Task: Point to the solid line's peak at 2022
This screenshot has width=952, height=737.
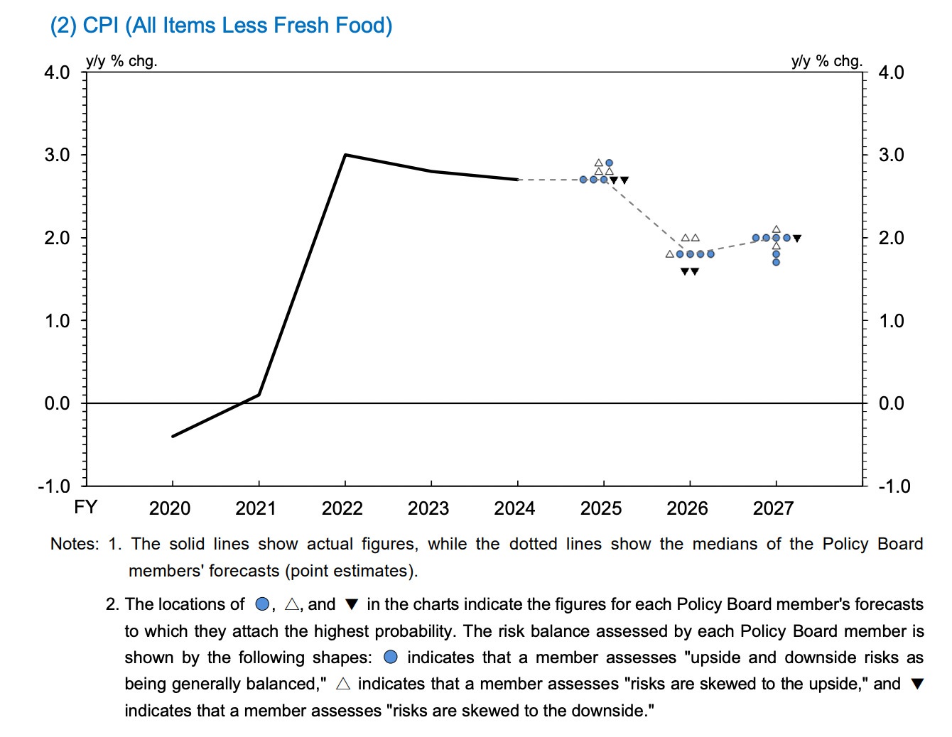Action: [x=345, y=155]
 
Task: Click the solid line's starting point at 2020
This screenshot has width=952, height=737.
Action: [x=173, y=436]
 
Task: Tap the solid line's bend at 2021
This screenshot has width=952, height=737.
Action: [x=259, y=395]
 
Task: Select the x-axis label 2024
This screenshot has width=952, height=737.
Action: [x=514, y=508]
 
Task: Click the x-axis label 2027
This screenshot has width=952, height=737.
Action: [x=773, y=508]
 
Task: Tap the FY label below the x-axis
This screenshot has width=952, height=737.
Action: [x=85, y=507]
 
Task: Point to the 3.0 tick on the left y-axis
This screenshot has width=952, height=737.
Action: [x=57, y=155]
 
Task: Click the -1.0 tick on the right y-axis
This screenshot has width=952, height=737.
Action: [x=894, y=486]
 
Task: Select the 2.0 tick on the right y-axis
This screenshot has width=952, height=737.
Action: [x=892, y=238]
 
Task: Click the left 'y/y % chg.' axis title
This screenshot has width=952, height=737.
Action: [x=121, y=61]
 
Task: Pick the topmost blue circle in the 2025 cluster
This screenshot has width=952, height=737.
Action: [x=609, y=163]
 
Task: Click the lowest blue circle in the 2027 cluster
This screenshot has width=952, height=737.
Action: [x=776, y=262]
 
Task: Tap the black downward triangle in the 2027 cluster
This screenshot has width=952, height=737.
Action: [x=797, y=239]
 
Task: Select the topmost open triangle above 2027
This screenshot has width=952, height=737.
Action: [x=776, y=229]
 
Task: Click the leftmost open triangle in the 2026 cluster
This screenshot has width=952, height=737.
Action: [x=669, y=254]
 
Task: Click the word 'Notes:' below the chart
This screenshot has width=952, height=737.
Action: [x=75, y=544]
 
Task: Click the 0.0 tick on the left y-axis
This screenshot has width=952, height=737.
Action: [x=57, y=403]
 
